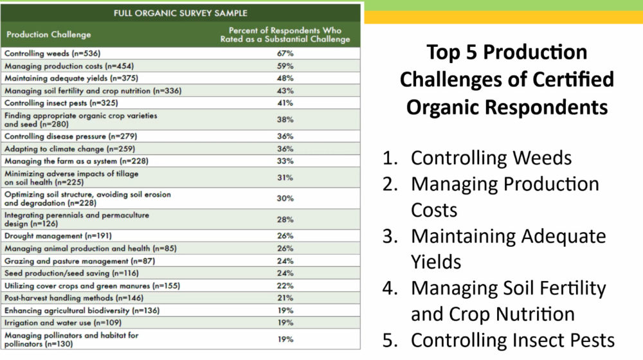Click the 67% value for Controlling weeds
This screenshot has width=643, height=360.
point(285,53)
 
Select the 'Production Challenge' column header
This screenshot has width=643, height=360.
point(48,35)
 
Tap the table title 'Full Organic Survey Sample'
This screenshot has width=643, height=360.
point(181,13)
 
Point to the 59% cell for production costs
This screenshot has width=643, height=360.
point(285,66)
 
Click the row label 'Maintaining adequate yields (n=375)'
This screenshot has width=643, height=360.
point(71,78)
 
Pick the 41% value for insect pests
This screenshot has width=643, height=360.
point(285,103)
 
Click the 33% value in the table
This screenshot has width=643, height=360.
point(285,161)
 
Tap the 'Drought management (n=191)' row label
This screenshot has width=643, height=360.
point(59,236)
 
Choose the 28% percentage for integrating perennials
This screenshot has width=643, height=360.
point(285,219)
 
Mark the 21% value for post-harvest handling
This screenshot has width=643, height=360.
point(285,298)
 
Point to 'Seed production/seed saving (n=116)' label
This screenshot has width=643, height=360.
point(72,273)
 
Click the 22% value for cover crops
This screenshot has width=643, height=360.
point(285,286)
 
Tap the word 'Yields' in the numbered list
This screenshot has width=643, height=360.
point(436,262)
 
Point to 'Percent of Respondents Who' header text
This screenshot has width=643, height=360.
point(285,30)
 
